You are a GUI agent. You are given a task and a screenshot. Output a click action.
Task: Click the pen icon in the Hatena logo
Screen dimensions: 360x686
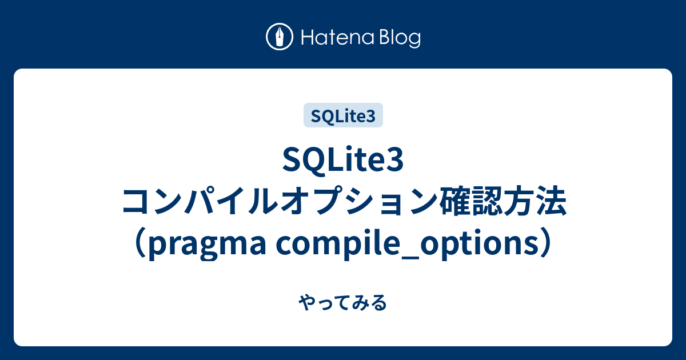pos(280,37)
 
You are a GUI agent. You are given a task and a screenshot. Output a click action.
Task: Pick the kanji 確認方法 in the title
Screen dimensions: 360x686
pos(500,203)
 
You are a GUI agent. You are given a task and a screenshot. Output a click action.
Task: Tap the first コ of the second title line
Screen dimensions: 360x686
pos(134,203)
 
